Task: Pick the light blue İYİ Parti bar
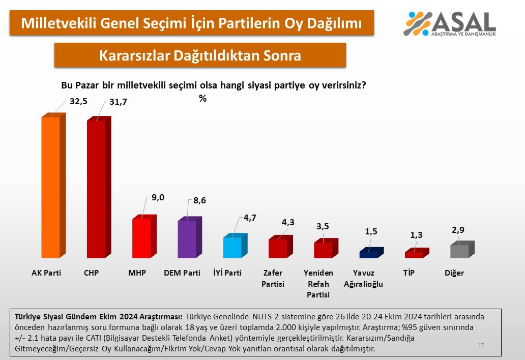(232, 248)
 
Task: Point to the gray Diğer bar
(459, 251)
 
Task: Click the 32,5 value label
(79, 101)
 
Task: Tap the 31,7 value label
(118, 102)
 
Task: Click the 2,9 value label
(458, 230)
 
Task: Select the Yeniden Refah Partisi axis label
(318, 284)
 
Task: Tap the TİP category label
(409, 273)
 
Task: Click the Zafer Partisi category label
(273, 279)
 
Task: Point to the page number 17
(481, 345)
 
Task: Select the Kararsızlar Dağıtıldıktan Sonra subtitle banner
(200, 55)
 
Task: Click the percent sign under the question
(202, 99)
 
